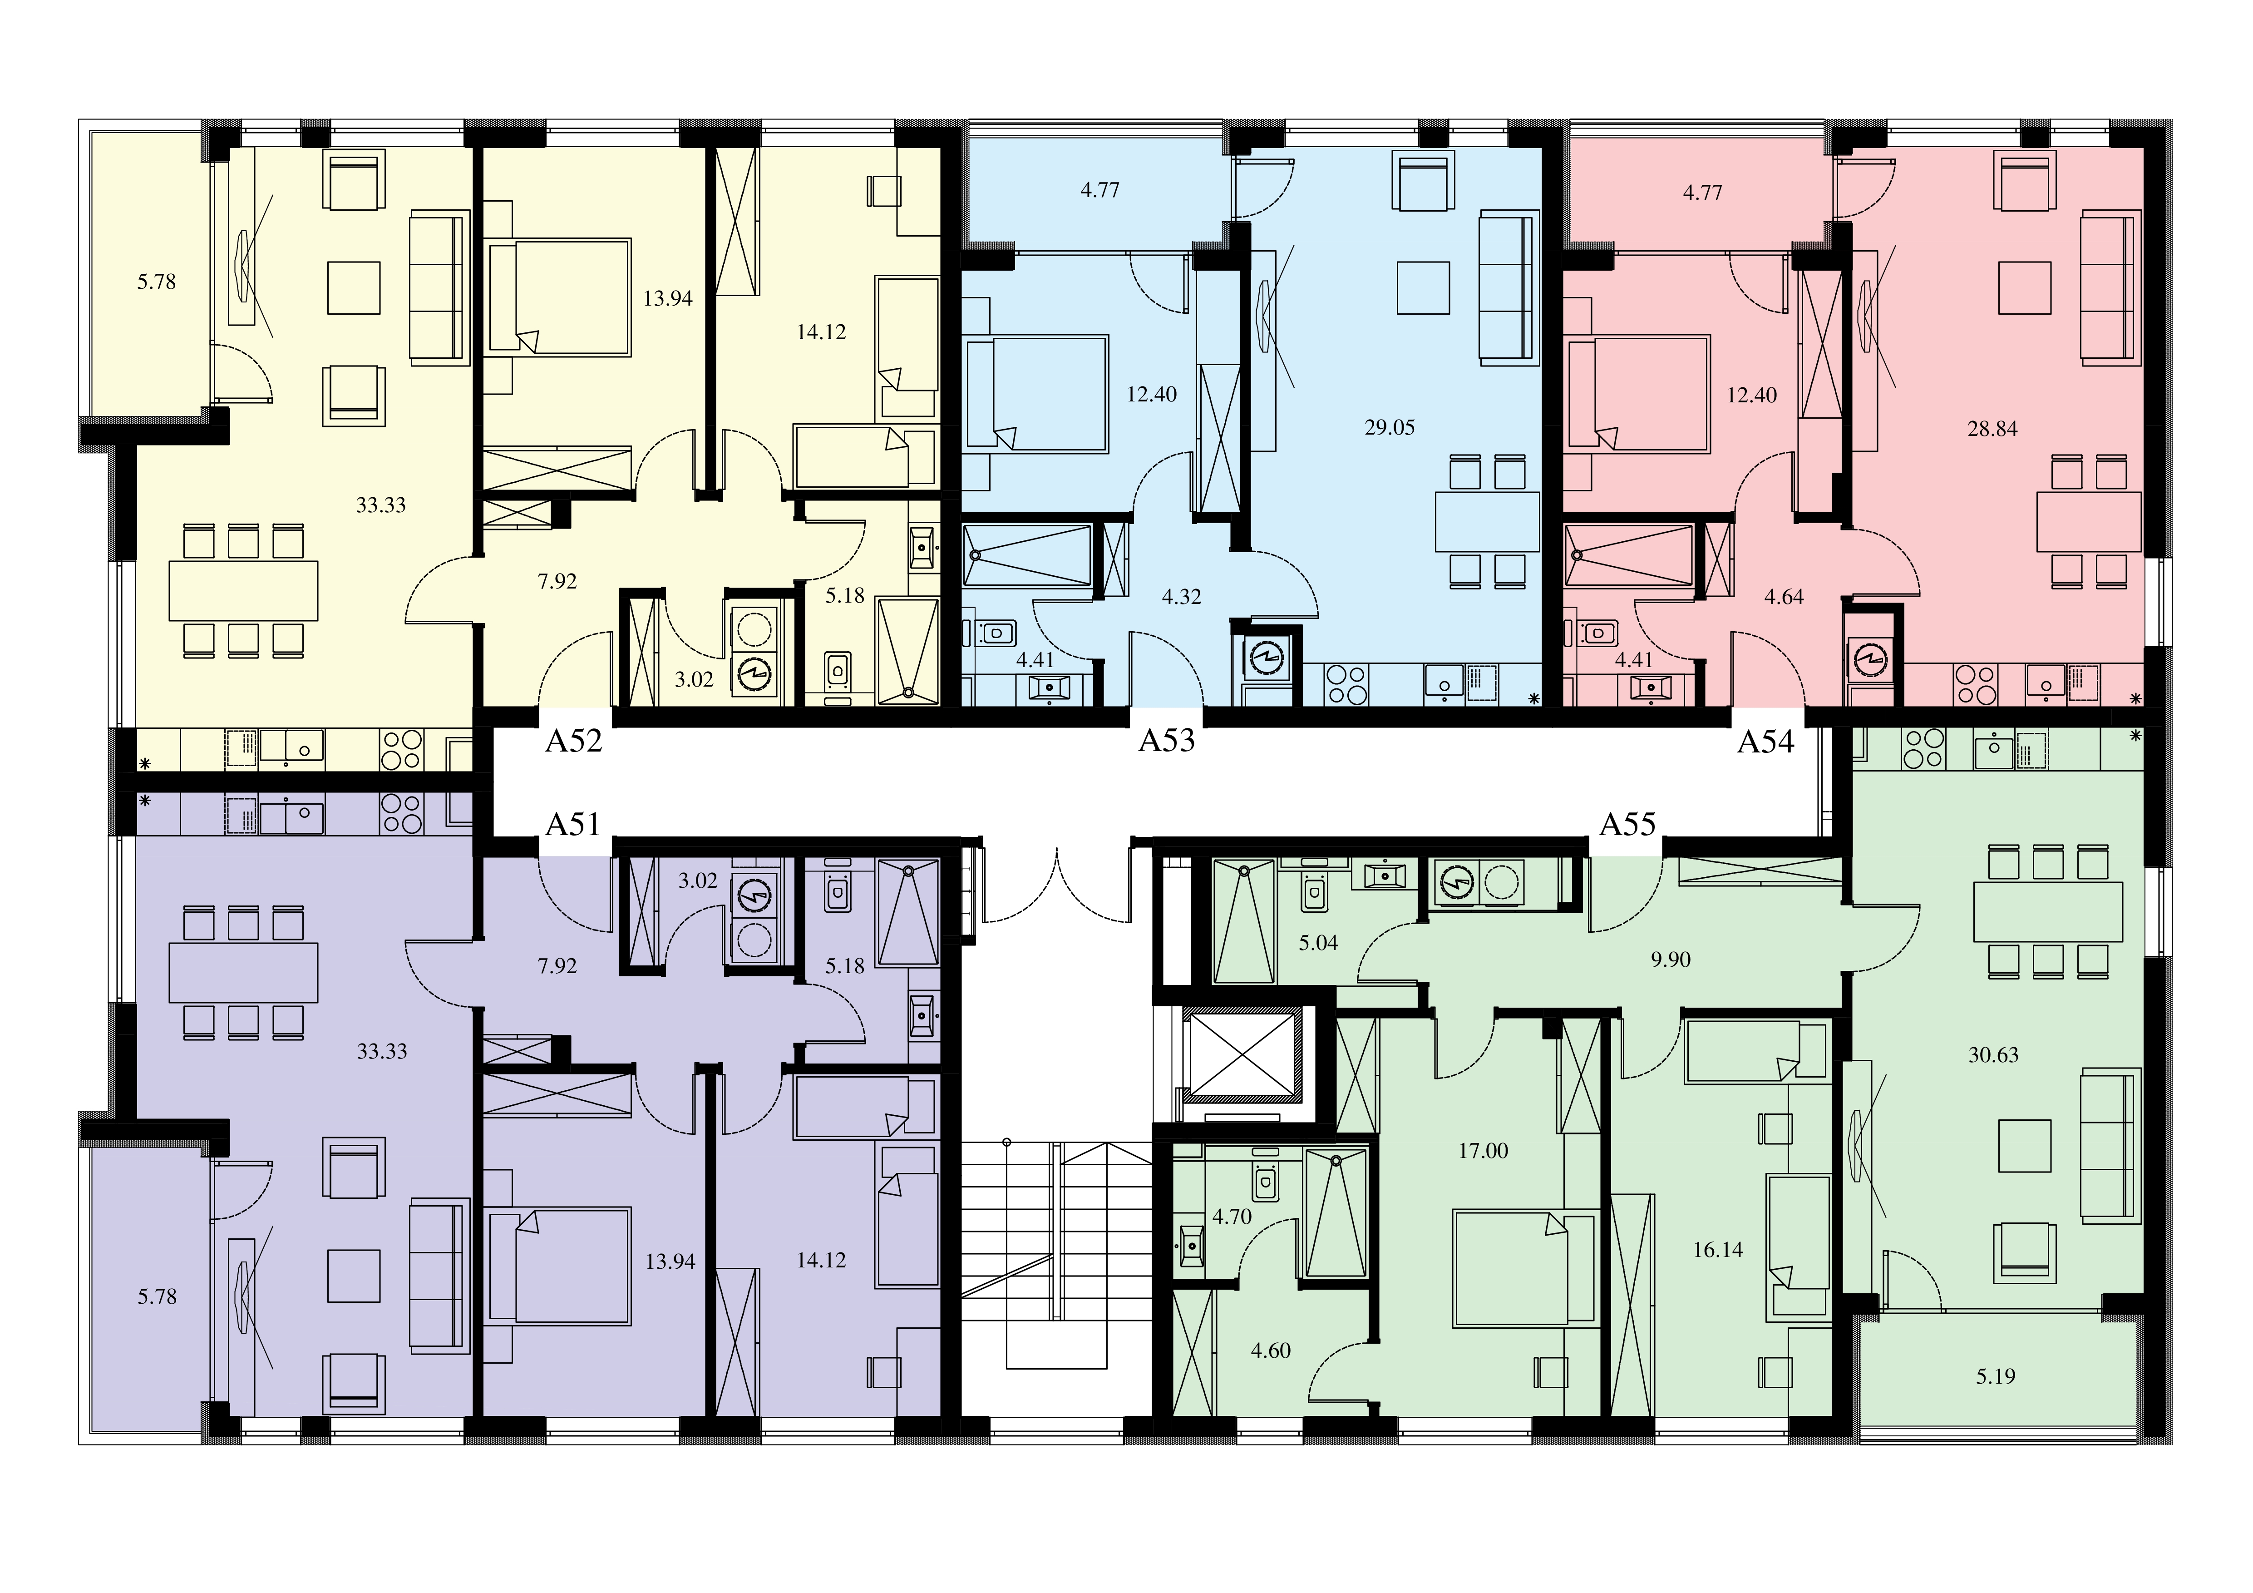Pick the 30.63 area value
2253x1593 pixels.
[1993, 1055]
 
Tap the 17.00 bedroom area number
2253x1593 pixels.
[1483, 1150]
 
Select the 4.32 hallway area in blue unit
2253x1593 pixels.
[1182, 597]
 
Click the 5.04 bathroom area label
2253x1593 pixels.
[1318, 943]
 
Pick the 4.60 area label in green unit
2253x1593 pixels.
[1271, 1351]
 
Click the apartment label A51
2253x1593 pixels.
[573, 825]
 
